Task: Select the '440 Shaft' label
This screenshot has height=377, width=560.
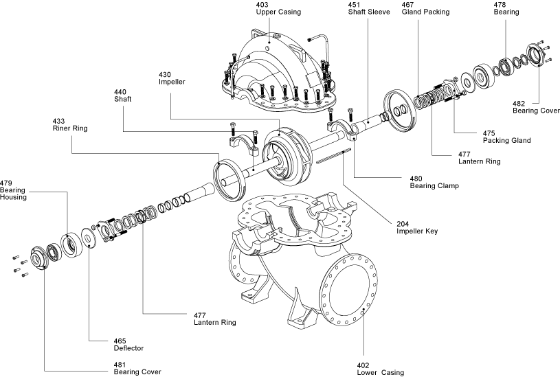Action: coord(122,95)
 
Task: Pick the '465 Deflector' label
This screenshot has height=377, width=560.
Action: coord(128,345)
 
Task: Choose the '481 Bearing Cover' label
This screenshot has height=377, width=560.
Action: coord(137,368)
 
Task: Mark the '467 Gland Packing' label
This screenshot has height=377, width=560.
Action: coord(425,8)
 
